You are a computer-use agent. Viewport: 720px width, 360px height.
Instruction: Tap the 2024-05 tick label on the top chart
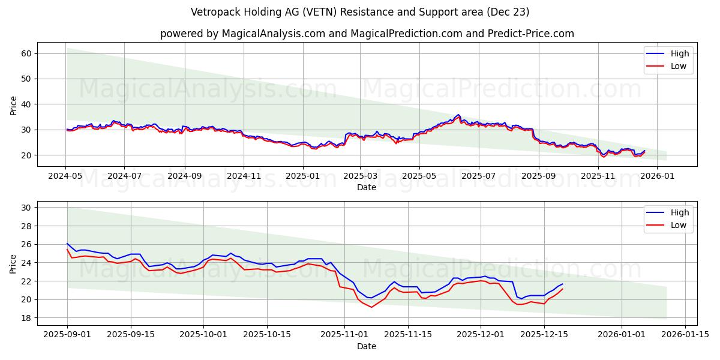point(66,176)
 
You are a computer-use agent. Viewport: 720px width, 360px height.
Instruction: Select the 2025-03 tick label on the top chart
point(361,176)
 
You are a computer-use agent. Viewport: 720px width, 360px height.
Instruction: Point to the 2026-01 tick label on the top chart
point(656,176)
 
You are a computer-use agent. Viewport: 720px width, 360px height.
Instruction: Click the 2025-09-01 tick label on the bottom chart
point(67,335)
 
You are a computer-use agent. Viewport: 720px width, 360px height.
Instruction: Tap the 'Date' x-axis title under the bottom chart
point(367,346)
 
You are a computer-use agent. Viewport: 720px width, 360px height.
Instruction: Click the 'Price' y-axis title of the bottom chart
point(14,263)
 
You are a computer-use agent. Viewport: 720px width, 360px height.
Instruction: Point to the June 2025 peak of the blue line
point(458,115)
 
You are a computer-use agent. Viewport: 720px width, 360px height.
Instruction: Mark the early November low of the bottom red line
point(371,307)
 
